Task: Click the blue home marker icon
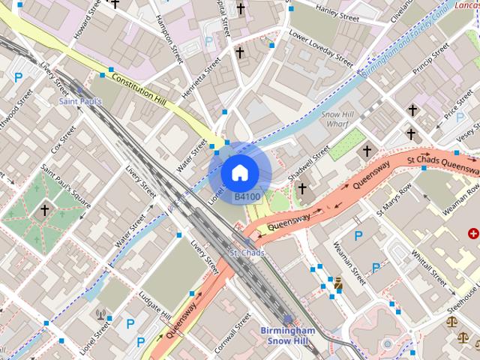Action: click(x=238, y=172)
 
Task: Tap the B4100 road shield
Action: click(x=247, y=197)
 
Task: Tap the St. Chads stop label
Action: click(x=247, y=253)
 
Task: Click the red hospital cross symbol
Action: click(x=473, y=235)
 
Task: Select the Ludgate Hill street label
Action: click(x=156, y=304)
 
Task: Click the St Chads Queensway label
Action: click(x=442, y=161)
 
